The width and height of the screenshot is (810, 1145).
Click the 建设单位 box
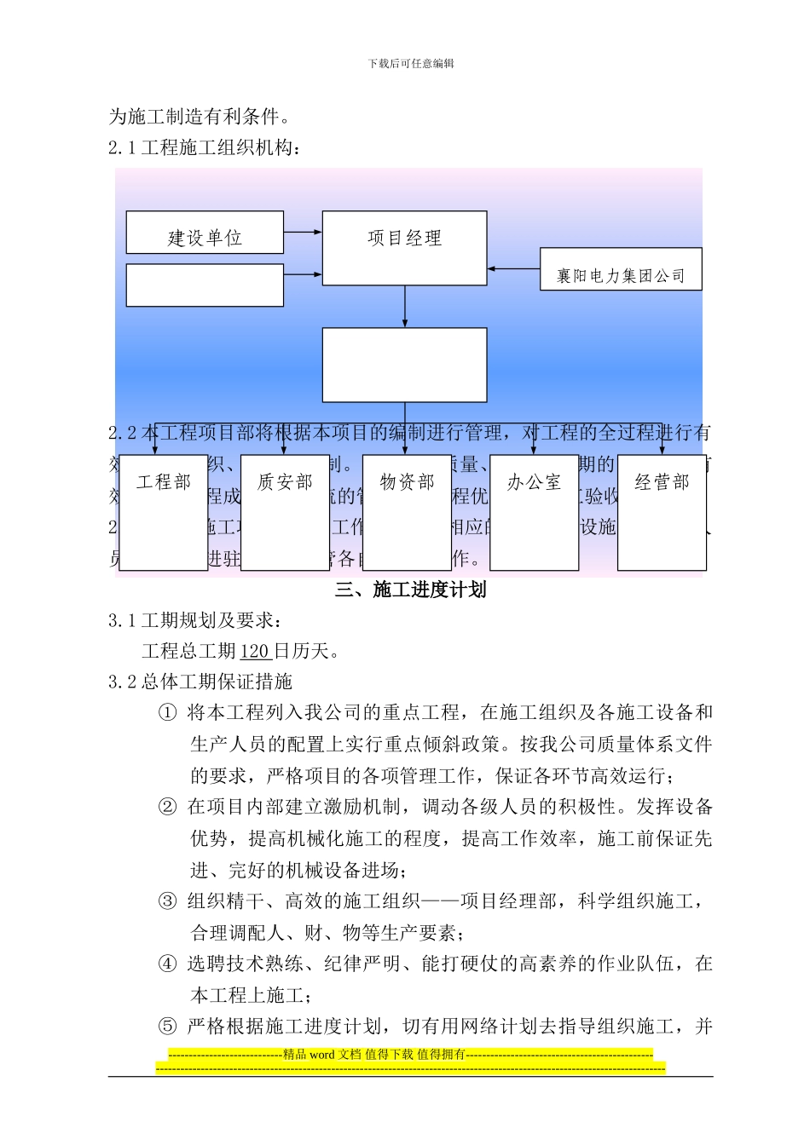pos(205,233)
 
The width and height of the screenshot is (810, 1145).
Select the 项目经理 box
pos(404,247)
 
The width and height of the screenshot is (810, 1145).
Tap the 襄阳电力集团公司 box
pos(621,270)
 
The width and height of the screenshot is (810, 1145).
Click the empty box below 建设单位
pos(205,285)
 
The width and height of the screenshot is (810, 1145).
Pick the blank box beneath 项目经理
pos(404,365)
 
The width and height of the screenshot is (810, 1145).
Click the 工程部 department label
pos(164,482)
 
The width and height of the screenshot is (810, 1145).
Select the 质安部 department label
pos(285,482)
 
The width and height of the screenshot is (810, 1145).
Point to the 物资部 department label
pos(407,482)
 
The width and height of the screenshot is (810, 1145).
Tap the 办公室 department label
pos(534,482)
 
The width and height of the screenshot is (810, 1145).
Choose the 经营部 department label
pos(662,482)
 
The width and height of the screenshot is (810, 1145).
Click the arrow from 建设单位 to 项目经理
pos(303,232)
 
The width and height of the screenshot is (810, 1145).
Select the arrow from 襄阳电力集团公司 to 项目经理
pos(513,269)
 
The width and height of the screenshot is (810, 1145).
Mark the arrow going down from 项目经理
pos(405,307)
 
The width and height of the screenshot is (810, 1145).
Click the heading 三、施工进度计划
pos(410,590)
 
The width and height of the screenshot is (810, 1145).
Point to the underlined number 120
pos(255,652)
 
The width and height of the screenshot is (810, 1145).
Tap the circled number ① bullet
pos(167,713)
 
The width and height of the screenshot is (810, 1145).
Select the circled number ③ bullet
pos(167,901)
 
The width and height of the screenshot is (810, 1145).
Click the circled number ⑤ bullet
pos(167,1027)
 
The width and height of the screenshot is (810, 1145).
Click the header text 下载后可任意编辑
pos(411,63)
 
